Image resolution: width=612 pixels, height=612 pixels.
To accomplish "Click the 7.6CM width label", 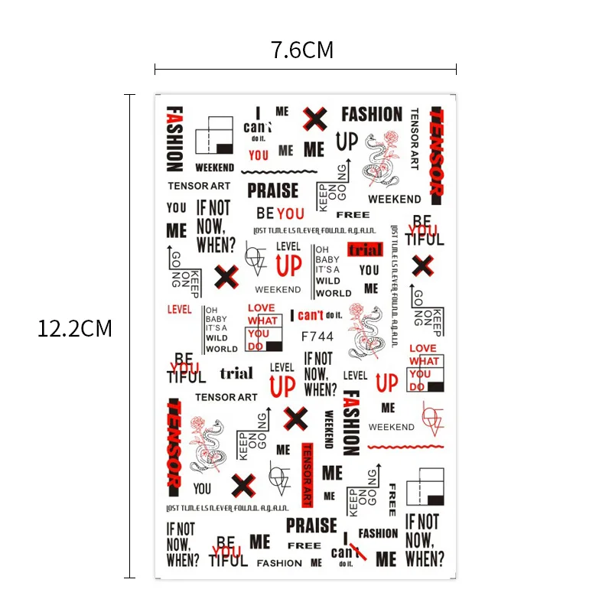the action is [x=302, y=50].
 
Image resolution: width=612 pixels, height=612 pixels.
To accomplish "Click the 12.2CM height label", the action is [x=75, y=329].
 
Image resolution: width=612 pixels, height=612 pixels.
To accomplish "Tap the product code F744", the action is [x=317, y=336].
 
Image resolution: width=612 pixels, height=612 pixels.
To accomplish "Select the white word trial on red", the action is [x=365, y=249].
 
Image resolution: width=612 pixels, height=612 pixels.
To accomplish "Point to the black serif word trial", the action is [x=236, y=373].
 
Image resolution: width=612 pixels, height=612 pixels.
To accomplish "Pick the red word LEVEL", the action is [x=178, y=310].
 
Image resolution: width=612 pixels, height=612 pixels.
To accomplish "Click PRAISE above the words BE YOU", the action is [x=273, y=190].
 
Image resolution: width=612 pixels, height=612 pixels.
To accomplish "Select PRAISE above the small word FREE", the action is [x=311, y=526].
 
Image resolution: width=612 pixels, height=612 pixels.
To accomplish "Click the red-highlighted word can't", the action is [x=311, y=314].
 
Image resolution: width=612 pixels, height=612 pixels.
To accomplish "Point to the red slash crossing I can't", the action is [x=356, y=550].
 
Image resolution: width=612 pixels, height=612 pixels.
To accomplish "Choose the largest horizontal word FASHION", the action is [x=372, y=115].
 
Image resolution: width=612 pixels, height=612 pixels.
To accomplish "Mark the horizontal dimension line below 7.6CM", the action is [x=305, y=70].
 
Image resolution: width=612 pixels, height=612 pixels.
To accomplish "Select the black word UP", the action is [x=347, y=141].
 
